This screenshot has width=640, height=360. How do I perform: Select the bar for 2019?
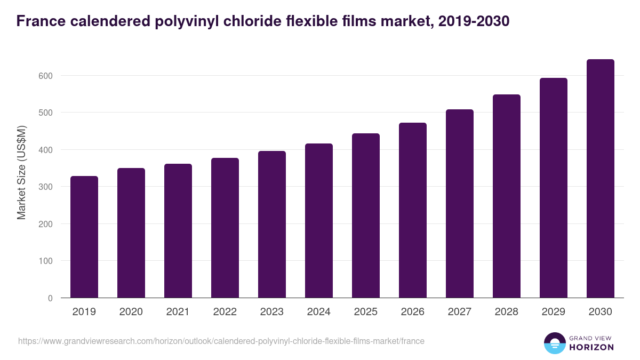pos(84,237)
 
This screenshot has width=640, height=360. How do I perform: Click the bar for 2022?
pos(225,228)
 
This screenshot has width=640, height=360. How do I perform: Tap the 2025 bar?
pos(366,215)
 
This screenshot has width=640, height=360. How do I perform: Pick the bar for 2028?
pos(507,196)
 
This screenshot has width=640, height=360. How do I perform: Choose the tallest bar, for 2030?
pos(601,179)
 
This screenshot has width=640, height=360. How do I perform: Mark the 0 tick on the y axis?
pos(50,298)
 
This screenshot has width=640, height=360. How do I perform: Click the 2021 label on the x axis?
pos(178,312)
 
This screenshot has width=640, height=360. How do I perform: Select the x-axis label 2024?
pos(319,312)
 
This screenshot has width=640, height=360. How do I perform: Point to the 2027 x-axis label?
pos(460,312)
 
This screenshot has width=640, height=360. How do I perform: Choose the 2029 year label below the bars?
pos(554,312)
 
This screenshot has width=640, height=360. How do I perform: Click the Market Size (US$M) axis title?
pos(21,172)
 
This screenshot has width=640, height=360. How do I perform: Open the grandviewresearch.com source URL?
pos(221,341)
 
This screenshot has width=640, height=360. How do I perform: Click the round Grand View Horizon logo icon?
pos(555,343)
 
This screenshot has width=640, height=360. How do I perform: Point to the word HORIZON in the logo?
pos(592,347)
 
